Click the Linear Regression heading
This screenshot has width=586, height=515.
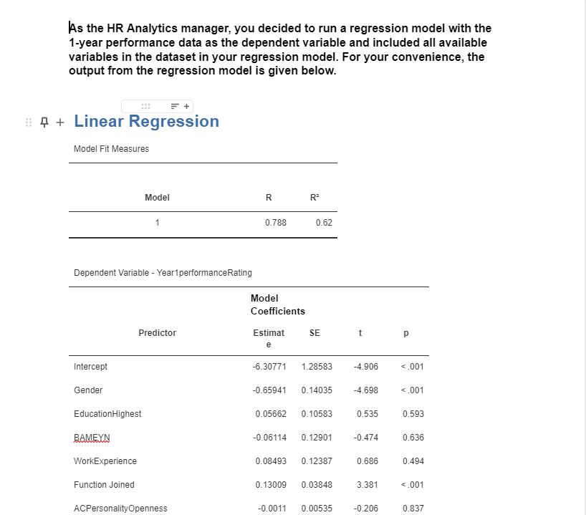pyautogui.click(x=146, y=121)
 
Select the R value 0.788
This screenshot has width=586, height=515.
pyautogui.click(x=275, y=223)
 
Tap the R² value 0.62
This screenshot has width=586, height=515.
pyautogui.click(x=323, y=223)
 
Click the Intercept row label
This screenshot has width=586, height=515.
pyautogui.click(x=90, y=367)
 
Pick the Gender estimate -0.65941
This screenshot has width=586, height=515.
pyautogui.click(x=269, y=390)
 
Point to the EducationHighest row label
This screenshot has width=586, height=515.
pyautogui.click(x=107, y=414)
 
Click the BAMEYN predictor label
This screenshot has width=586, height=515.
pyautogui.click(x=92, y=438)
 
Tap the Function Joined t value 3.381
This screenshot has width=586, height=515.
pyautogui.click(x=368, y=485)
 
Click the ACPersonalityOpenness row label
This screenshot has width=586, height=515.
pyautogui.click(x=120, y=509)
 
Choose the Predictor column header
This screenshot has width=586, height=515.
pyautogui.click(x=157, y=333)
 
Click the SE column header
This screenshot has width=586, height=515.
pyautogui.click(x=314, y=333)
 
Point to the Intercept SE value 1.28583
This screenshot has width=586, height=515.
pyautogui.click(x=317, y=367)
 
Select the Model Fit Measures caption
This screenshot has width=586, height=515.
pyautogui.click(x=111, y=149)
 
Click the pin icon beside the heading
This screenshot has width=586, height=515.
pyautogui.click(x=44, y=122)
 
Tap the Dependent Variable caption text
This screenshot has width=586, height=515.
pyautogui.click(x=163, y=273)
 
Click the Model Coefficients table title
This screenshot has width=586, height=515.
pyautogui.click(x=277, y=304)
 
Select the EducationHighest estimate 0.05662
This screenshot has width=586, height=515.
pyautogui.click(x=270, y=414)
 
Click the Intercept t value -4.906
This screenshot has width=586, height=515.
pyautogui.click(x=365, y=367)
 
